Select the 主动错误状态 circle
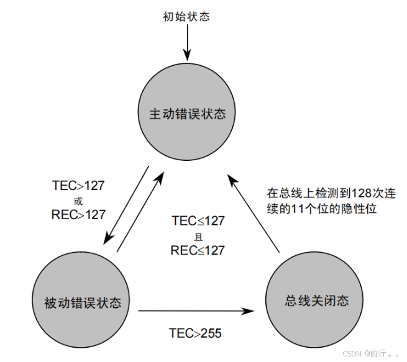pyautogui.click(x=186, y=115)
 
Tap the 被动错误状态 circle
pyautogui.click(x=82, y=303)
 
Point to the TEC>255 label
pyautogui.click(x=195, y=333)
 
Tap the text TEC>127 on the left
pyautogui.click(x=78, y=186)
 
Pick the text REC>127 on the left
pyautogui.click(x=78, y=214)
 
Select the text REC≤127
pyautogui.click(x=198, y=251)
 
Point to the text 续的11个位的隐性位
pyautogui.click(x=322, y=210)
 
